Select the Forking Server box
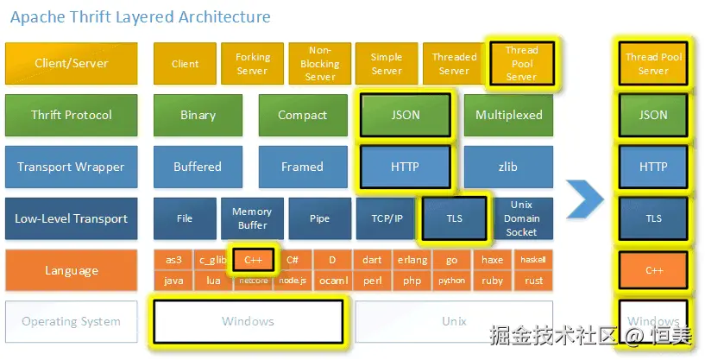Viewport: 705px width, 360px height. click(252, 64)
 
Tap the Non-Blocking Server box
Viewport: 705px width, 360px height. click(319, 64)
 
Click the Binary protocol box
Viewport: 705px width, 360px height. click(198, 115)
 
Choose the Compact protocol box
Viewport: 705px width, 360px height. click(302, 115)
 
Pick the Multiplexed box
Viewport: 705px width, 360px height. click(509, 115)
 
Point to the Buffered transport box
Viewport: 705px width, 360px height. click(198, 167)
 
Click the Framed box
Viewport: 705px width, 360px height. click(302, 167)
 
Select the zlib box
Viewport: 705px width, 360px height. click(509, 167)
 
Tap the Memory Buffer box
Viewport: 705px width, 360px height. click(252, 218)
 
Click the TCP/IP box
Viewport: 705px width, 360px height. click(386, 218)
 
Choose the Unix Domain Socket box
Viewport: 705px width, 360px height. click(521, 218)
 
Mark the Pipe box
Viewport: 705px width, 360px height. click(319, 218)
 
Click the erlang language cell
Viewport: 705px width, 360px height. click(412, 260)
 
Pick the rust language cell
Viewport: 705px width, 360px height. click(533, 281)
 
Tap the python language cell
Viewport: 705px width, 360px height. click(451, 281)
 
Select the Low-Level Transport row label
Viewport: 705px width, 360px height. click(71, 218)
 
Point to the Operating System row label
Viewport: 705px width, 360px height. click(71, 322)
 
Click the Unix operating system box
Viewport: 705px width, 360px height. click(454, 322)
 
